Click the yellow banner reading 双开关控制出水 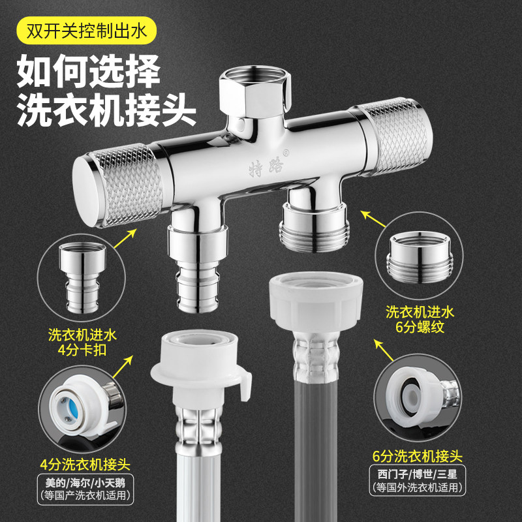coord(86,31)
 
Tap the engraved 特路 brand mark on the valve coord(266,168)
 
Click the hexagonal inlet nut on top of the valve coord(254,91)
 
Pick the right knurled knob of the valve coord(393,136)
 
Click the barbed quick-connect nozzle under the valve coord(198,269)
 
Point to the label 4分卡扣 coord(82,350)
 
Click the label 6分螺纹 coord(420,327)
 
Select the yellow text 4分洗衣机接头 coord(85,464)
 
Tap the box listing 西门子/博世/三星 coord(418,480)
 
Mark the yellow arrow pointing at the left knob coord(125,238)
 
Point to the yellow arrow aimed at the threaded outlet coord(373,219)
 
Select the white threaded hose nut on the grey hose coord(316,303)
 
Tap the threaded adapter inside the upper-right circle coord(420,257)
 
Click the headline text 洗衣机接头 coord(106,109)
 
